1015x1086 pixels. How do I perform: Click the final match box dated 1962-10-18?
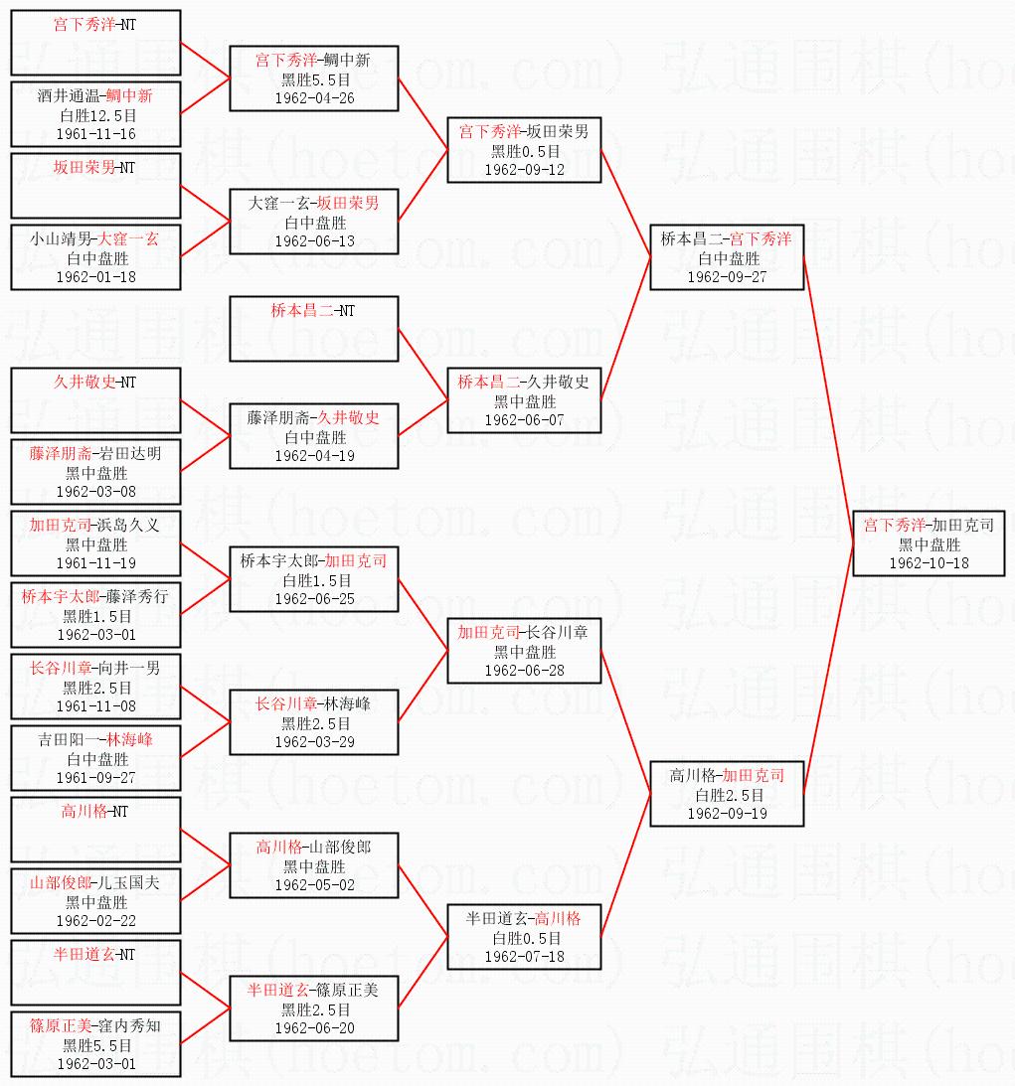pyautogui.click(x=930, y=543)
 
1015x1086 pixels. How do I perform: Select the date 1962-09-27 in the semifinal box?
pyautogui.click(x=727, y=276)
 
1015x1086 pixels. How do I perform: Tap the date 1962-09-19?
pyautogui.click(x=727, y=813)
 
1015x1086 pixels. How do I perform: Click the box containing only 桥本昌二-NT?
pyautogui.click(x=313, y=329)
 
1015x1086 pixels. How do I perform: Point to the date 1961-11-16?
pyautogui.click(x=96, y=133)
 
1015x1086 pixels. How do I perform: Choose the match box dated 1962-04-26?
pyautogui.click(x=313, y=78)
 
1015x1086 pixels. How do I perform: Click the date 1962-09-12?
pyautogui.click(x=524, y=169)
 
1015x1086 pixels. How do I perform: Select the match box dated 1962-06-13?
pyautogui.click(x=313, y=222)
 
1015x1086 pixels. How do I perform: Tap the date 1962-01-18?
pyautogui.click(x=96, y=276)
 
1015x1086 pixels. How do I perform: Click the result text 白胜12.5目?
pyautogui.click(x=96, y=115)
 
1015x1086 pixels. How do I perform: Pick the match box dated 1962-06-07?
pyautogui.click(x=524, y=400)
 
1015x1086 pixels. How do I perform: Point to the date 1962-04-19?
pyautogui.click(x=313, y=455)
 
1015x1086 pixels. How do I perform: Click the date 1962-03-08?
pyautogui.click(x=96, y=491)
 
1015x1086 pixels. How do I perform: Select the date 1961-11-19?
pyautogui.click(x=96, y=562)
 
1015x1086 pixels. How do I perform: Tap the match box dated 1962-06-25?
pyautogui.click(x=313, y=579)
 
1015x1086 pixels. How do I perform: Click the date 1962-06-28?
pyautogui.click(x=524, y=670)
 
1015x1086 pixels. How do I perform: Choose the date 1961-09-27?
pyautogui.click(x=96, y=777)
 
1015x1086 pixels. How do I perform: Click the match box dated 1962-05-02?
pyautogui.click(x=313, y=865)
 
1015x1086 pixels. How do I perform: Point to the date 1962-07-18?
pyautogui.click(x=524, y=956)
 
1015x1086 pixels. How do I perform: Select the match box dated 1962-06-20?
pyautogui.click(x=313, y=1008)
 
